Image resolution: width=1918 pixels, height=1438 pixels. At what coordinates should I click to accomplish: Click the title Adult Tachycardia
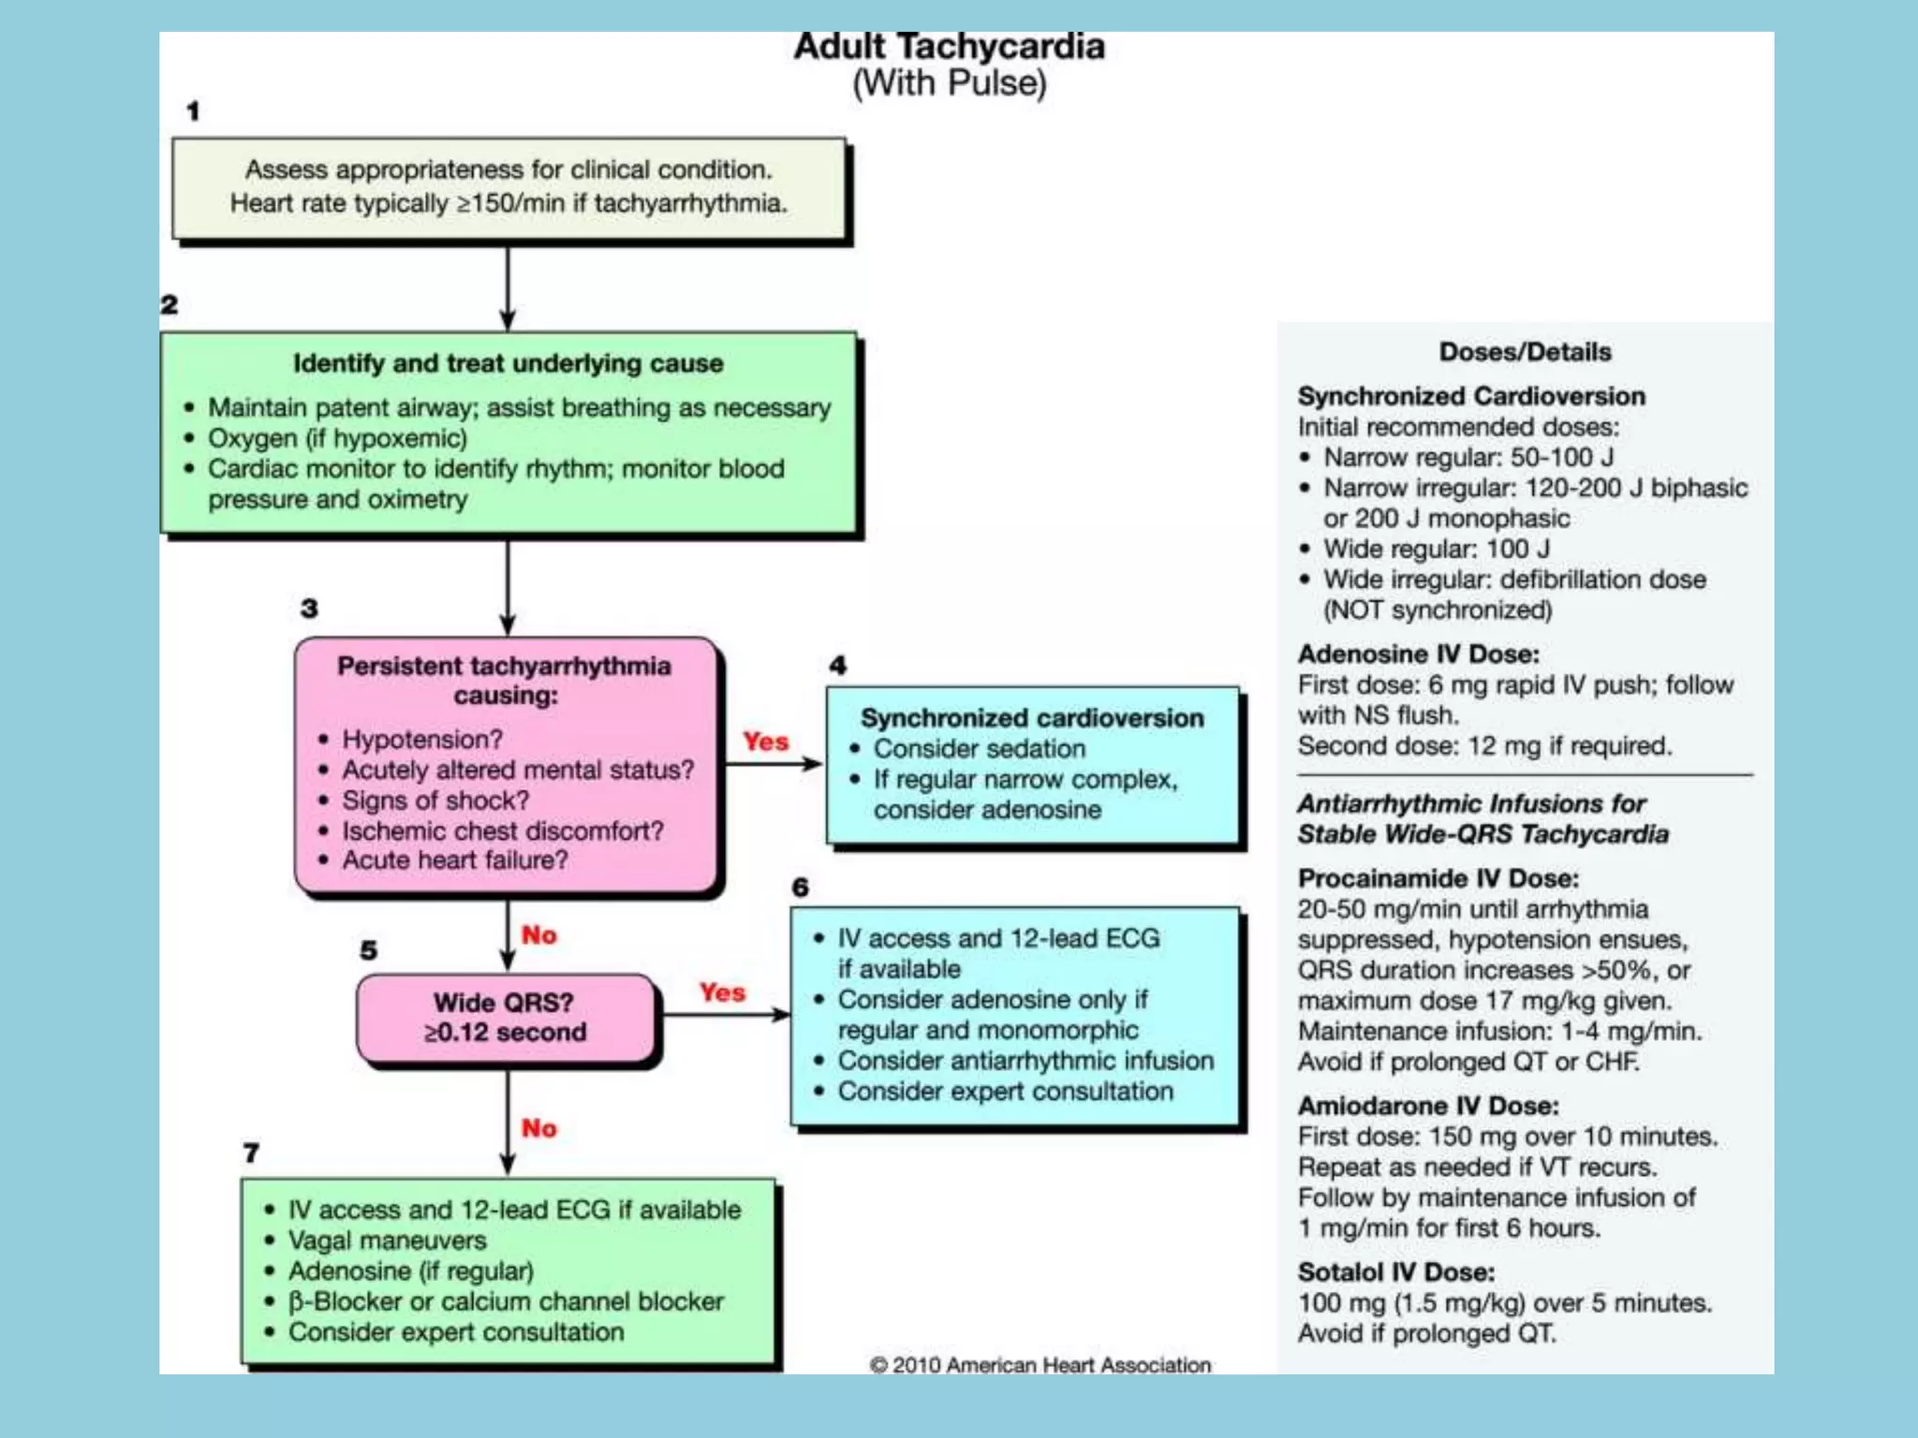(x=949, y=47)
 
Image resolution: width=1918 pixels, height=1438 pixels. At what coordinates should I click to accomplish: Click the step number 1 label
(x=193, y=111)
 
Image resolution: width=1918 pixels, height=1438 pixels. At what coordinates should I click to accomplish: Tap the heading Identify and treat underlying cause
(x=508, y=363)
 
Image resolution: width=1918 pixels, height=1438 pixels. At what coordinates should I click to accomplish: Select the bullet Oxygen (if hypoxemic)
(x=337, y=438)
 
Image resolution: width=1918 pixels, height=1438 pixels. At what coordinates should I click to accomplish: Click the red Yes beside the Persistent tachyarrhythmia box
(x=765, y=741)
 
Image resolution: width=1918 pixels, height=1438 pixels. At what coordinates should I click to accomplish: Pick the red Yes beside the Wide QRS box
(x=722, y=992)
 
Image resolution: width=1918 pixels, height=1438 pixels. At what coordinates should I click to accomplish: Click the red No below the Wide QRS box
(x=539, y=1128)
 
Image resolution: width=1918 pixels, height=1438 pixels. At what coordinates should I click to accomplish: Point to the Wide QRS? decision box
(x=506, y=1018)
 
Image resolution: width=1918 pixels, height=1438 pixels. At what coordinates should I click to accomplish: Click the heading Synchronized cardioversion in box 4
(x=1032, y=718)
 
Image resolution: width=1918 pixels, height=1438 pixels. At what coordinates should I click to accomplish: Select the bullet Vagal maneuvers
(x=387, y=1240)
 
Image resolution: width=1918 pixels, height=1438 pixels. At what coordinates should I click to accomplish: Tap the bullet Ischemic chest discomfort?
(x=502, y=830)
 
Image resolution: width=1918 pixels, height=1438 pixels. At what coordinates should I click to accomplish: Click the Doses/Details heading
(x=1525, y=352)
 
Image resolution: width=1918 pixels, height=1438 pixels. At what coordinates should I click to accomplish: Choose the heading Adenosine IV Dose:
(x=1418, y=653)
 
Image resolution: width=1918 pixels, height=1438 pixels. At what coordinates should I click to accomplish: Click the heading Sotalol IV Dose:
(x=1395, y=1272)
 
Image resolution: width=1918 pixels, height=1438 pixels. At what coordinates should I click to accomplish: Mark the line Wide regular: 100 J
(x=1436, y=549)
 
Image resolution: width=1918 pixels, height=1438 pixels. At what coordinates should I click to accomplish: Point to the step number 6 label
(x=800, y=887)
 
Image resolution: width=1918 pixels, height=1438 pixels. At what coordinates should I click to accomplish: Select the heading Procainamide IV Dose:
(x=1438, y=878)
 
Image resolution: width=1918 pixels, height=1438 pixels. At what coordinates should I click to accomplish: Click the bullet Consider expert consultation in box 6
(x=1005, y=1092)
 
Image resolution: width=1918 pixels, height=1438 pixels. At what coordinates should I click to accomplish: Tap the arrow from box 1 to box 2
(x=508, y=286)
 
